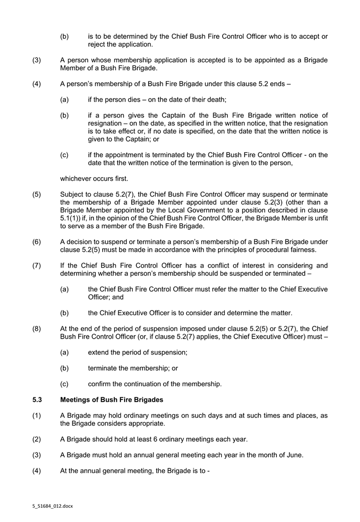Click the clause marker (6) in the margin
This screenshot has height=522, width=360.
coord(37,242)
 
